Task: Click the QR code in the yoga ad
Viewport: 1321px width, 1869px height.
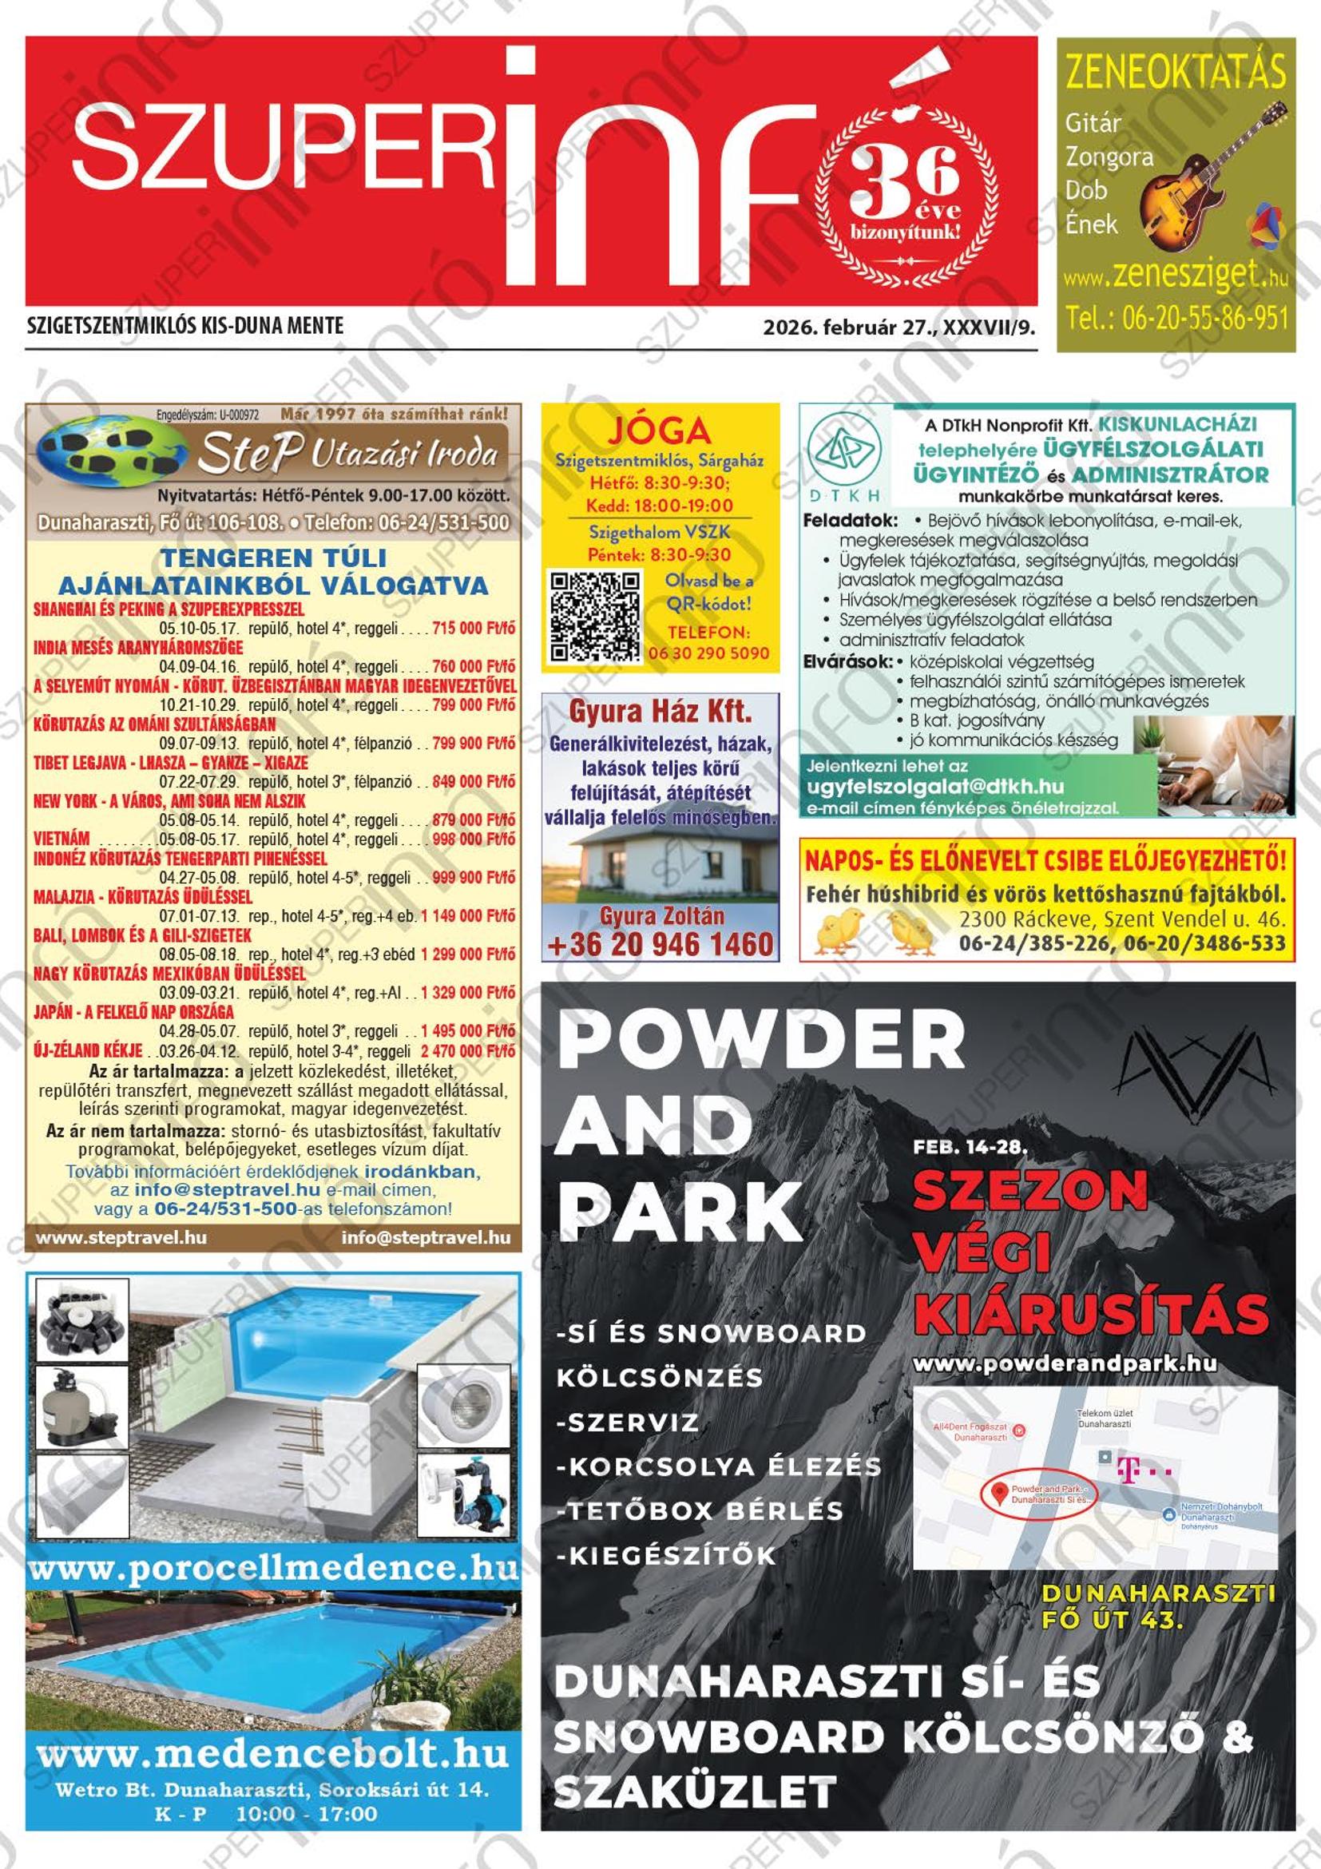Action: [x=594, y=614]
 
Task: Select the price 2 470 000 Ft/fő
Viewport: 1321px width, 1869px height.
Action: [x=468, y=1051]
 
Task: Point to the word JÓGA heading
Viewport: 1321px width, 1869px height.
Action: [x=659, y=431]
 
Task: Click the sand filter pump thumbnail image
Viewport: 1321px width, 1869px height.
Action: [x=81, y=1407]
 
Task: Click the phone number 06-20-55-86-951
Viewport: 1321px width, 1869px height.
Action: [x=1176, y=317]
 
